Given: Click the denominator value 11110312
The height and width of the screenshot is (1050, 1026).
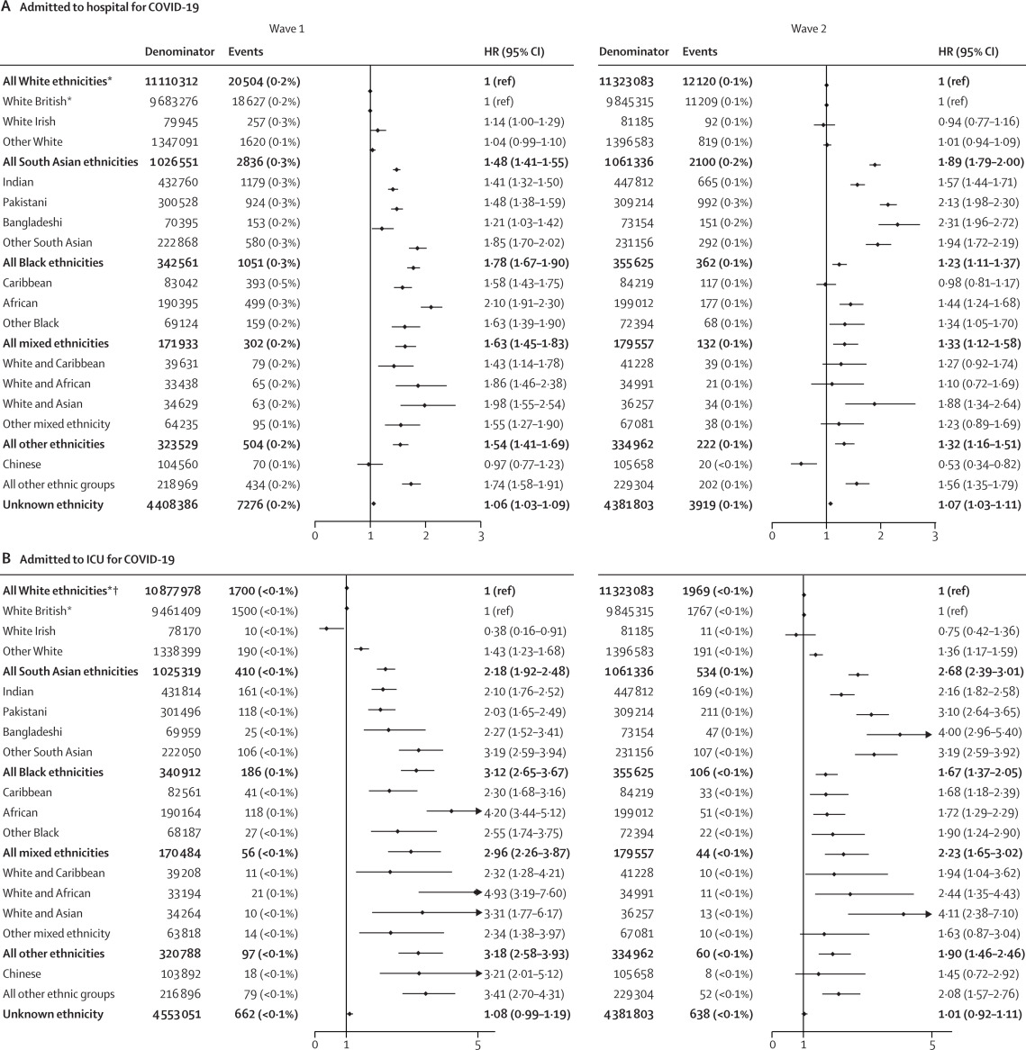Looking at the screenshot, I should tap(178, 81).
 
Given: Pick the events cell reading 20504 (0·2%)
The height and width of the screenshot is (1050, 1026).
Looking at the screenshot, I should tap(264, 81).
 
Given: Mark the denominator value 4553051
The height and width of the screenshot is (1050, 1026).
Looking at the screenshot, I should tap(178, 1014).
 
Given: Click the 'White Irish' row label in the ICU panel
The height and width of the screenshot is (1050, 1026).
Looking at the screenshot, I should tap(29, 631).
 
